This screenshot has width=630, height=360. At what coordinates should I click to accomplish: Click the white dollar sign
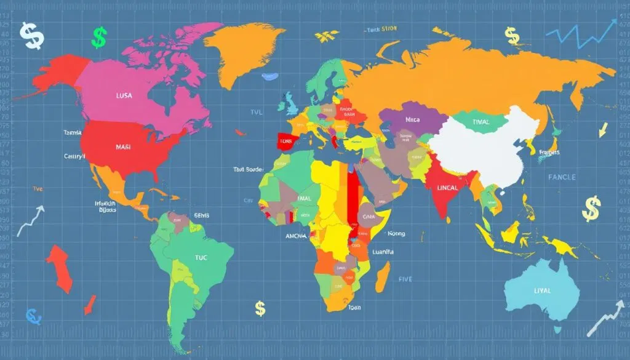(x=31, y=36)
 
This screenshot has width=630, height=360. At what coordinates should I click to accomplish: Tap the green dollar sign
(x=98, y=38)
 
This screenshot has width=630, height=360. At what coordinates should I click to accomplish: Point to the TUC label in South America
(x=202, y=258)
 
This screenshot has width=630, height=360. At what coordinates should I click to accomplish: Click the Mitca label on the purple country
(x=412, y=121)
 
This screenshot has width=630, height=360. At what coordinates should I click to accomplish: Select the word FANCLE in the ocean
(x=561, y=177)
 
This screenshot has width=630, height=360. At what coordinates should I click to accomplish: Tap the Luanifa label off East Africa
(x=383, y=252)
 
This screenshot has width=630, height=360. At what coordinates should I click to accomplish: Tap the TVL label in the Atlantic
(x=255, y=113)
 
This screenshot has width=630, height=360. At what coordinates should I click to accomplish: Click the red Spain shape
(x=286, y=141)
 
